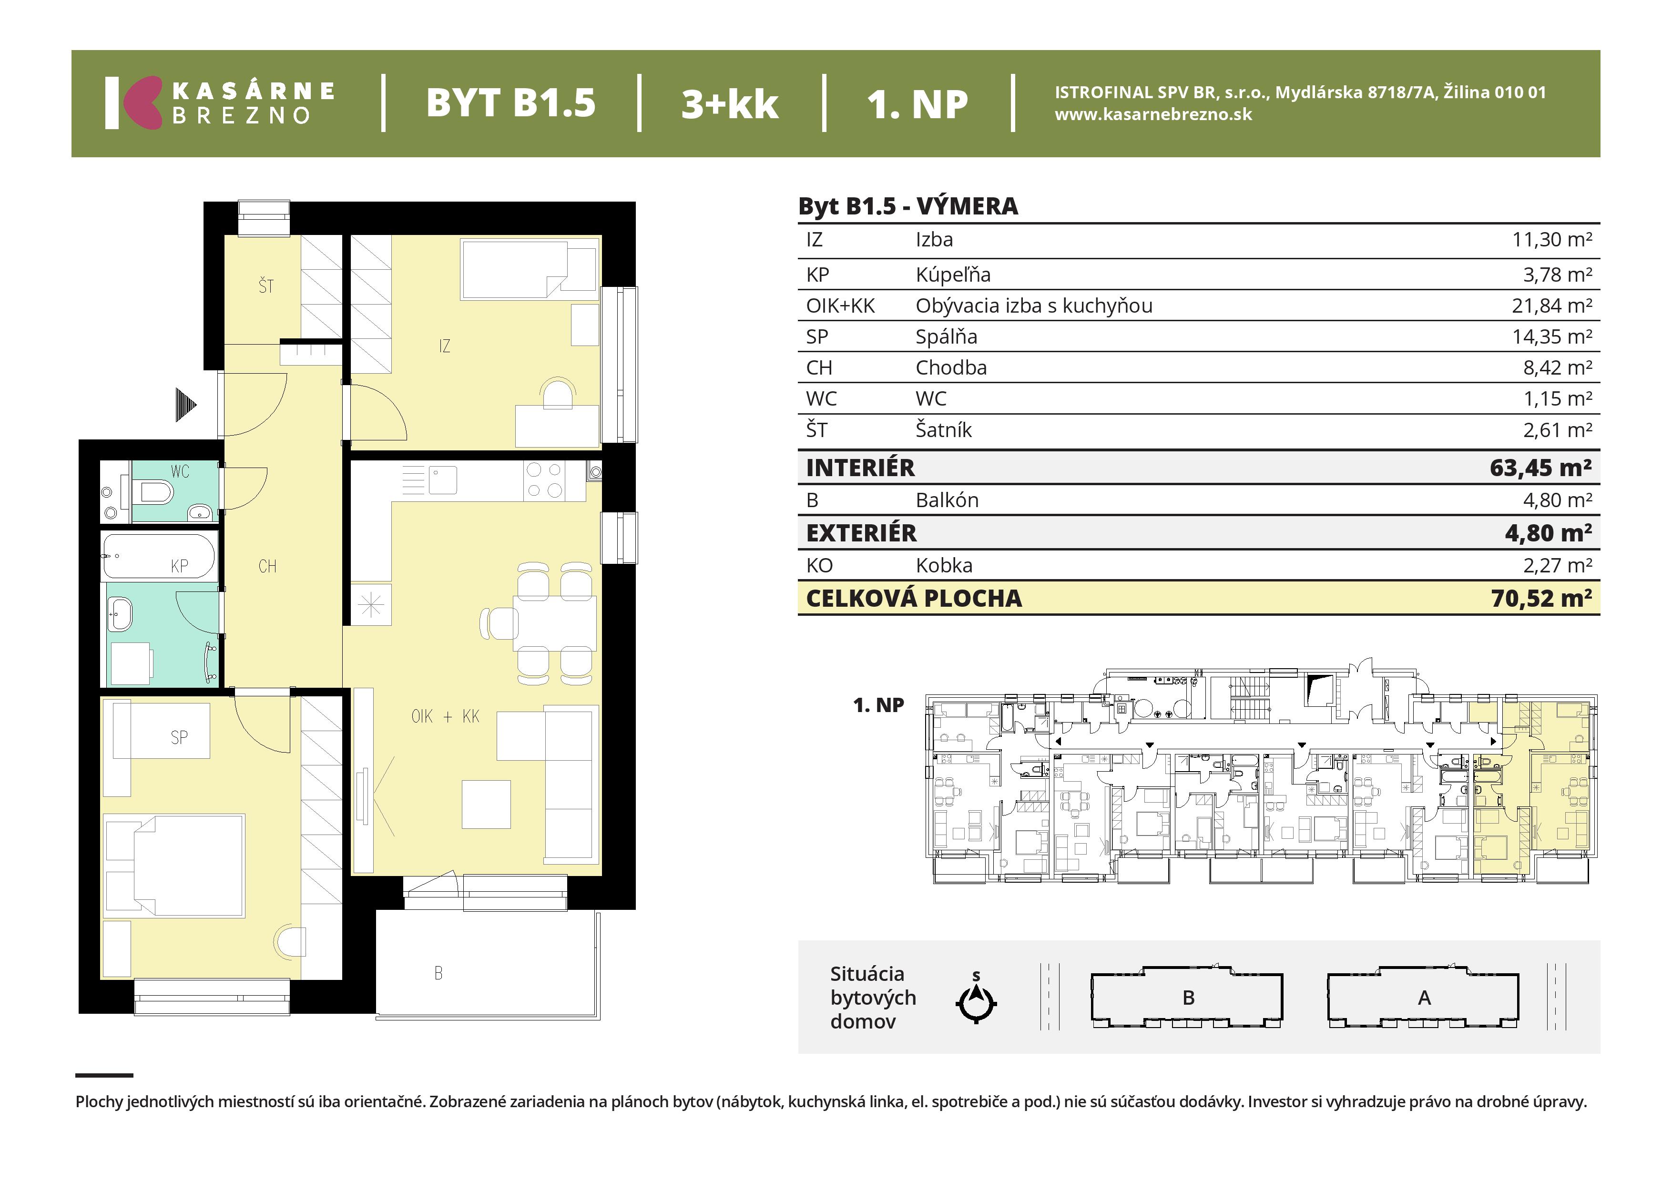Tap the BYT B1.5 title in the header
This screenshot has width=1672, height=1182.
tap(510, 102)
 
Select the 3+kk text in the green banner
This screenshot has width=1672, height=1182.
tap(730, 103)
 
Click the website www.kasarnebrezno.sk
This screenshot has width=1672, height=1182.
tap(1153, 114)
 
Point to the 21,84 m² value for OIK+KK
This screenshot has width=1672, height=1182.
tap(1552, 306)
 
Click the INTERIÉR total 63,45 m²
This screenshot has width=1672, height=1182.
tap(1540, 468)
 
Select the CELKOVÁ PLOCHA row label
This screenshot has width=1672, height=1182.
tap(914, 599)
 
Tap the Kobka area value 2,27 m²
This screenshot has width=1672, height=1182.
tap(1558, 565)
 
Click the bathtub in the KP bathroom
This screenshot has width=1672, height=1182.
tap(159, 556)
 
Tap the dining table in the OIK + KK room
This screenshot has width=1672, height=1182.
tap(555, 623)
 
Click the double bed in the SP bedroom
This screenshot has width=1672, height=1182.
tap(175, 865)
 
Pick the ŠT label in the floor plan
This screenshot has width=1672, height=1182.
tap(266, 286)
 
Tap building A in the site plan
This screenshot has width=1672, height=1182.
tap(1424, 997)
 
